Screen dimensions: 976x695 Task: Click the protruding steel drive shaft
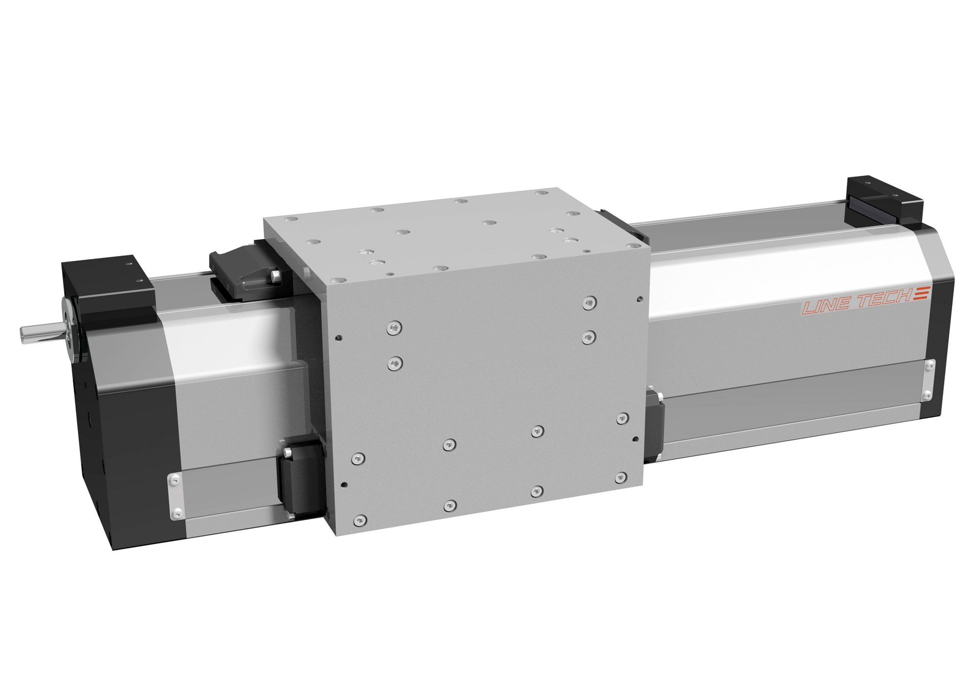[x=41, y=334]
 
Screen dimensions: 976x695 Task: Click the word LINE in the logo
[x=824, y=307]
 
